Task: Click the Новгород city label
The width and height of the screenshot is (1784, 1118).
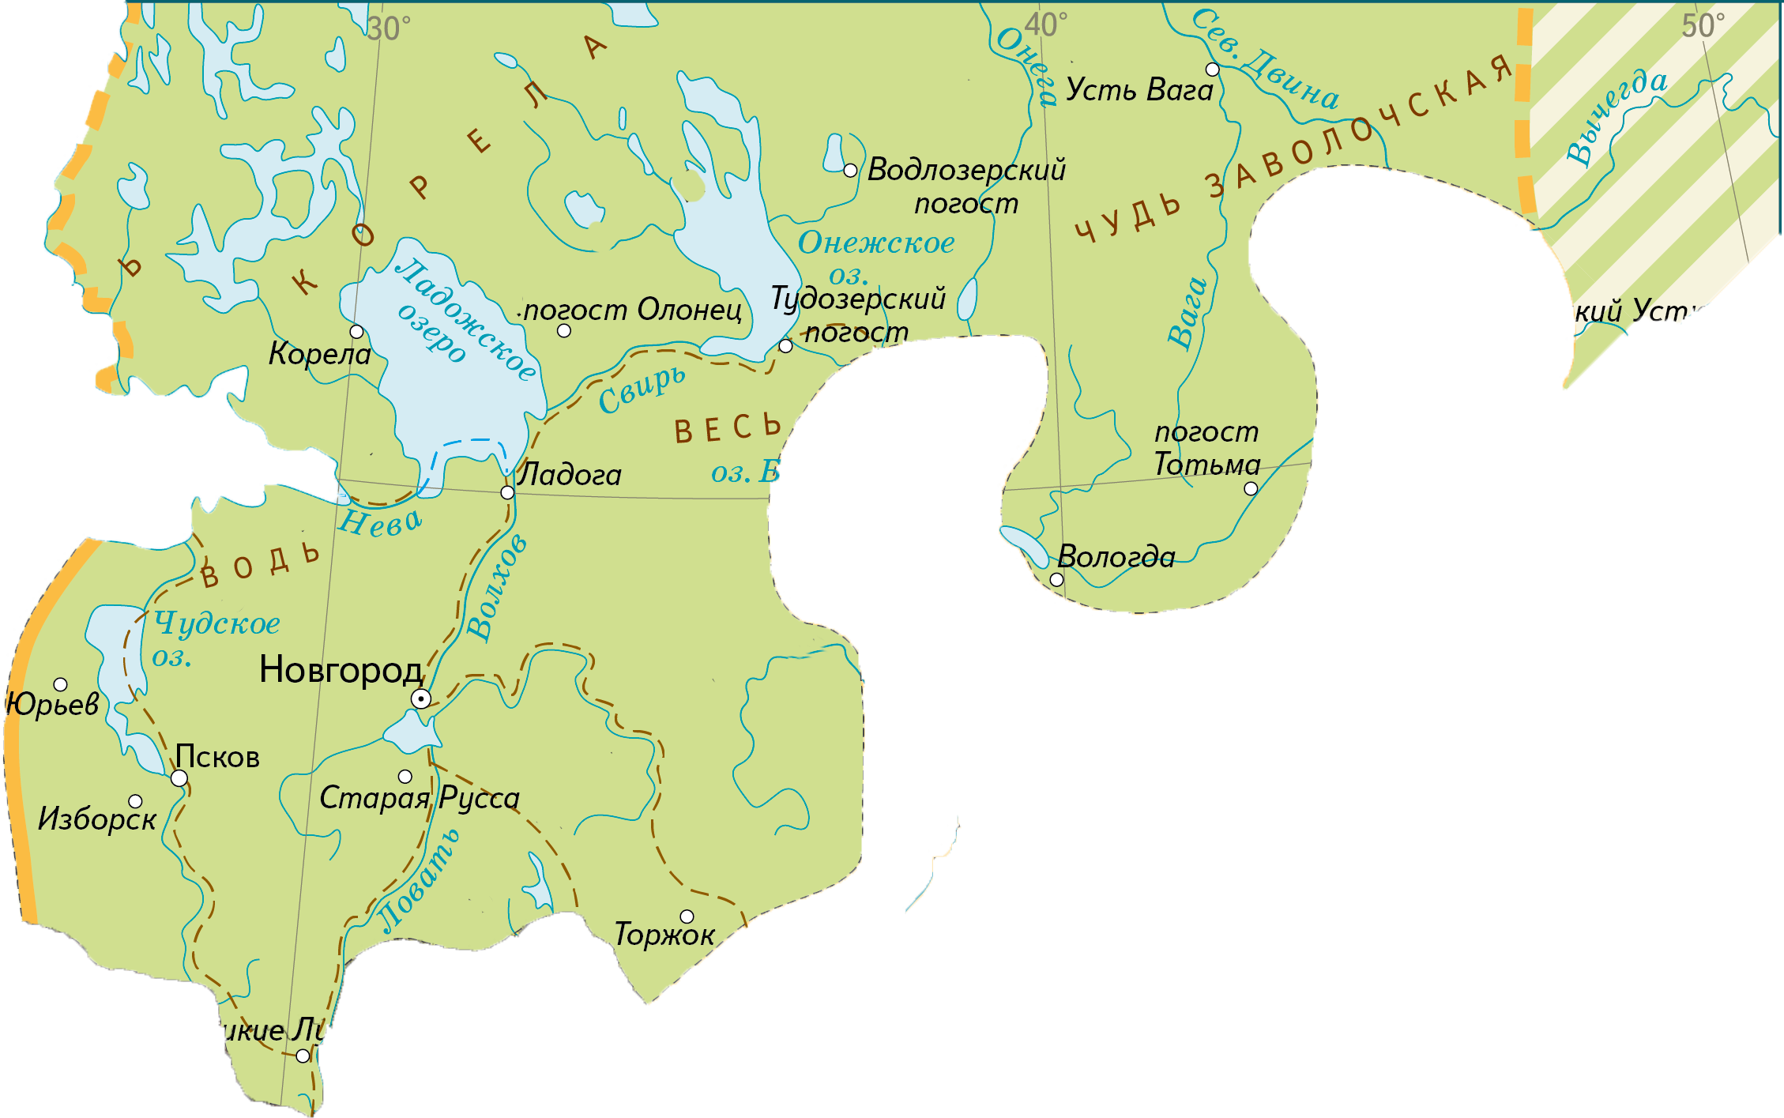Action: [x=341, y=670]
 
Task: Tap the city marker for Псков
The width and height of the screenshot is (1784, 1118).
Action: [x=179, y=778]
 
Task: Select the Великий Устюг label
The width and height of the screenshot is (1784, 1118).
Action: [x=1615, y=311]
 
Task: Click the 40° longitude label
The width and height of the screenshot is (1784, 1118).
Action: [x=1046, y=25]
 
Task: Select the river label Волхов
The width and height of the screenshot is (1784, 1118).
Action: [x=495, y=585]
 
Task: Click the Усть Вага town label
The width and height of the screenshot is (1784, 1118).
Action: [x=1139, y=90]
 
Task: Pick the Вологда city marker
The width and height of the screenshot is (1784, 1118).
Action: [x=1056, y=580]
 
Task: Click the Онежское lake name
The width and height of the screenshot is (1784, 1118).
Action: [x=875, y=243]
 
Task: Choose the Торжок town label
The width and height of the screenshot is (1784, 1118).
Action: [x=664, y=935]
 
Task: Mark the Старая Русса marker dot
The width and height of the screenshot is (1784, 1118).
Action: [x=405, y=777]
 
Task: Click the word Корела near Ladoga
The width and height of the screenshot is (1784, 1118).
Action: [x=319, y=353]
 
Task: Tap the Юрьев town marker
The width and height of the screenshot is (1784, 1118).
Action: [x=60, y=684]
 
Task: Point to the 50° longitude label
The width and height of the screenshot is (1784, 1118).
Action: [x=1703, y=26]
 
